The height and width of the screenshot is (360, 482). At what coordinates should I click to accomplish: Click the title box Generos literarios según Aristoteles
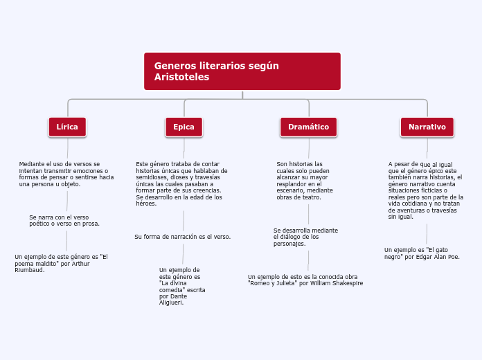(242, 71)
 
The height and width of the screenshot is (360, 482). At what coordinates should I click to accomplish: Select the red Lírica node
(67, 127)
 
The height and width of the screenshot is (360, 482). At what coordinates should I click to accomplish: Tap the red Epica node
(184, 127)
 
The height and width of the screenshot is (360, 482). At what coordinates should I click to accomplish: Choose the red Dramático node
(308, 127)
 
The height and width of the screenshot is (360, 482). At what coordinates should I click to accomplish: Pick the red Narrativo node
(427, 127)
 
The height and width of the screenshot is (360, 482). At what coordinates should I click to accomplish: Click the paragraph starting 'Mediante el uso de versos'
(66, 174)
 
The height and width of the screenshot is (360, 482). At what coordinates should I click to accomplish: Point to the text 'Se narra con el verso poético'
(64, 220)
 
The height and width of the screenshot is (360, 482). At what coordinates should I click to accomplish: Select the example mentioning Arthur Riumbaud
(61, 263)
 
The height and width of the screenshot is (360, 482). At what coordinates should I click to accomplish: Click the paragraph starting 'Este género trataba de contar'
(179, 183)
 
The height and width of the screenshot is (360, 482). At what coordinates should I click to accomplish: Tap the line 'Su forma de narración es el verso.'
(183, 237)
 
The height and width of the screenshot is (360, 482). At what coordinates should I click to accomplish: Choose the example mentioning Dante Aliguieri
(181, 286)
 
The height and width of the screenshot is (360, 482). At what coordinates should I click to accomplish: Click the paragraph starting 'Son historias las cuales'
(305, 181)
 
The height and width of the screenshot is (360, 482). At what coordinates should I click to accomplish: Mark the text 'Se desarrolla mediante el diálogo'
(305, 237)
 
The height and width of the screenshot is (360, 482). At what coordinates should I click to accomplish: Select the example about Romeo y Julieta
(305, 280)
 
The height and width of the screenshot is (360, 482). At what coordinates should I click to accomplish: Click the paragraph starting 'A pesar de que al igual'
(425, 190)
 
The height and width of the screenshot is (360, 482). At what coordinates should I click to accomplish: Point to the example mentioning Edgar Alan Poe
(422, 253)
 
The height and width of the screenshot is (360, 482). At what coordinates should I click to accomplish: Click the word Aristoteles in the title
(181, 78)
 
